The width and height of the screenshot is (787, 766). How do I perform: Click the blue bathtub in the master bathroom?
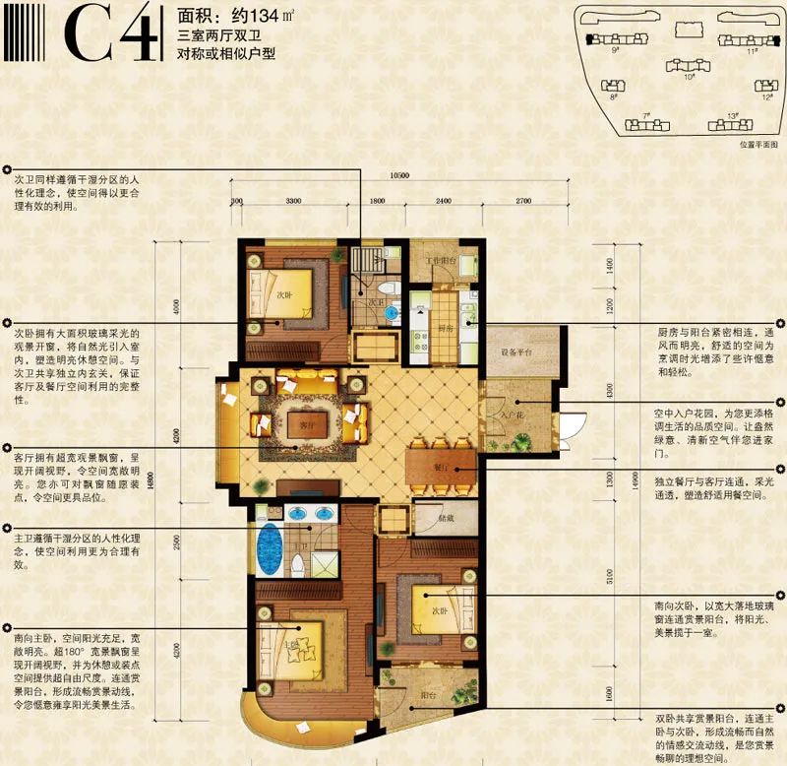[x=268, y=546]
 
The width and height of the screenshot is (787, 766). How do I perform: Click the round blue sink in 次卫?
[x=392, y=312]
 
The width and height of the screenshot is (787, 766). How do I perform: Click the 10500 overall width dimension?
[x=399, y=176]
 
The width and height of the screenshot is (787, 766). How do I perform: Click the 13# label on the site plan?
[x=733, y=116]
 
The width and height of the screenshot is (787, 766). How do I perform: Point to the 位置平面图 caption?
[x=759, y=144]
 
